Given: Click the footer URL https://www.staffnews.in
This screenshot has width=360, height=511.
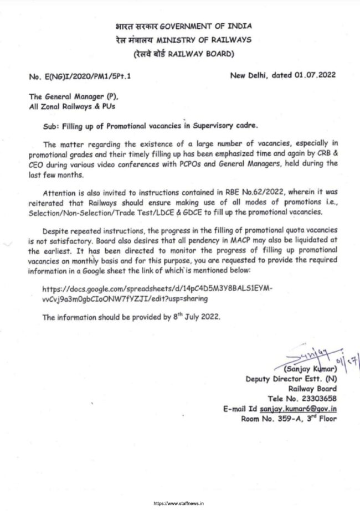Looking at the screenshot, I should [x=179, y=504].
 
